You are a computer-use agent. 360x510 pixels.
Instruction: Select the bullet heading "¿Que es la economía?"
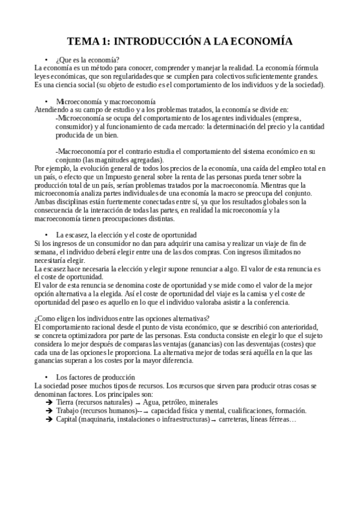tap(87, 60)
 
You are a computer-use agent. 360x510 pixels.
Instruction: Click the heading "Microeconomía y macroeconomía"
tap(106, 102)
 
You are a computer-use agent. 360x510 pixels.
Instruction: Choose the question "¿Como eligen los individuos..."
tap(122, 318)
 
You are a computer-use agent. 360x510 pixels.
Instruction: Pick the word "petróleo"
tap(180, 402)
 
